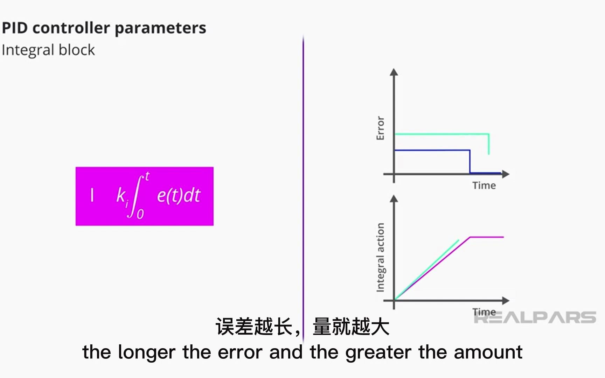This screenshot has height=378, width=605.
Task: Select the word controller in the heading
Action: click(x=71, y=28)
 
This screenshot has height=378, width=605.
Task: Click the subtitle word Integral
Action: click(x=28, y=50)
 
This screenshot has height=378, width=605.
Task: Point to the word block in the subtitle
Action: click(x=77, y=50)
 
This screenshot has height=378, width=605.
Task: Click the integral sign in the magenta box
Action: click(x=135, y=196)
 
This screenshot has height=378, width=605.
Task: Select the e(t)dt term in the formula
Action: click(x=179, y=195)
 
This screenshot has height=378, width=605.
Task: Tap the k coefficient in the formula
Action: click(x=121, y=195)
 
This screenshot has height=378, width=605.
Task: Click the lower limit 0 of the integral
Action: click(x=140, y=214)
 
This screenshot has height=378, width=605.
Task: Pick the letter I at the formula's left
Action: click(x=92, y=195)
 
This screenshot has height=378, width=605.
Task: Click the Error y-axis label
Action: click(x=380, y=128)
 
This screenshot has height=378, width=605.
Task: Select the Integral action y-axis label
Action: click(x=380, y=257)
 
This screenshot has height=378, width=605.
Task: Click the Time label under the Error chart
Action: click(x=484, y=185)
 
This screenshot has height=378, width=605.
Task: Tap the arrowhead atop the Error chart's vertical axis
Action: click(x=394, y=72)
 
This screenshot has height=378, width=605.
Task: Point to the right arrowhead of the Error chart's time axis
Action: click(x=506, y=174)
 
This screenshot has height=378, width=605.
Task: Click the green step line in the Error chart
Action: click(x=441, y=134)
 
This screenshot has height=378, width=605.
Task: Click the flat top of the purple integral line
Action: click(x=487, y=237)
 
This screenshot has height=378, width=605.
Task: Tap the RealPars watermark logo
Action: click(x=535, y=317)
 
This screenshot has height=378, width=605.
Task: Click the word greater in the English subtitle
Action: click(x=378, y=352)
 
